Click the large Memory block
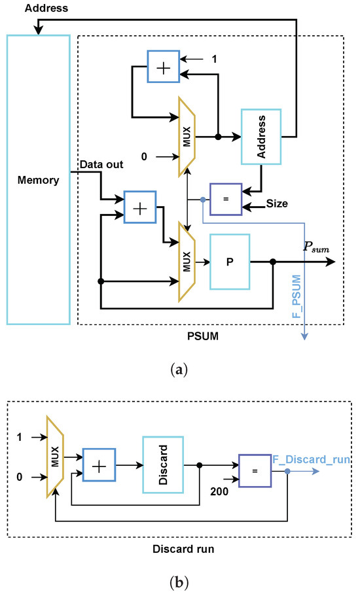[x=38, y=179]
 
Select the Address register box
[x=261, y=137]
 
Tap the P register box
[x=229, y=262]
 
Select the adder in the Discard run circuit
[x=99, y=465]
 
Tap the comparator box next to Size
[x=225, y=198]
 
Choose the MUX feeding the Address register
[x=187, y=137]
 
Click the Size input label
[x=277, y=205]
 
